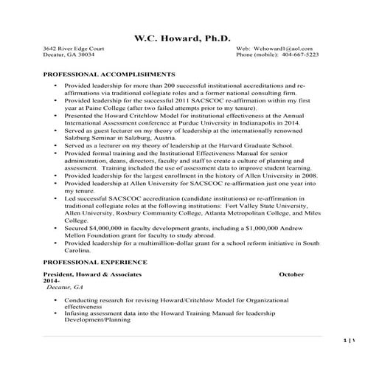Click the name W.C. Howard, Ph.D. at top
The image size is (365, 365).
point(183,38)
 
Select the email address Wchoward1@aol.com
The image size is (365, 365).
point(280,47)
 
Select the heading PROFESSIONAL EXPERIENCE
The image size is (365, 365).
point(96,262)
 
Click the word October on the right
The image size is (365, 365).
point(292,274)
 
